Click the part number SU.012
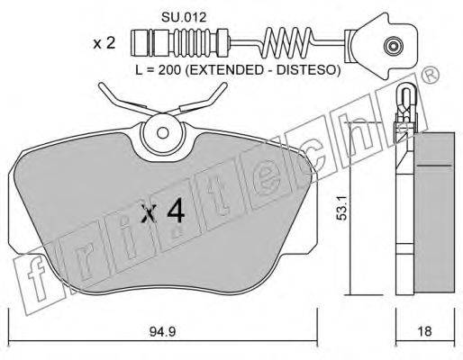point(184,17)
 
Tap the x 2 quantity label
point(104,43)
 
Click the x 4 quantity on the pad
point(163,211)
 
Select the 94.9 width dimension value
point(162,331)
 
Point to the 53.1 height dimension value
point(341,208)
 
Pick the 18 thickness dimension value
point(424,331)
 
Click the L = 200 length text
point(159,70)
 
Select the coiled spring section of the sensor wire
point(287,42)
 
